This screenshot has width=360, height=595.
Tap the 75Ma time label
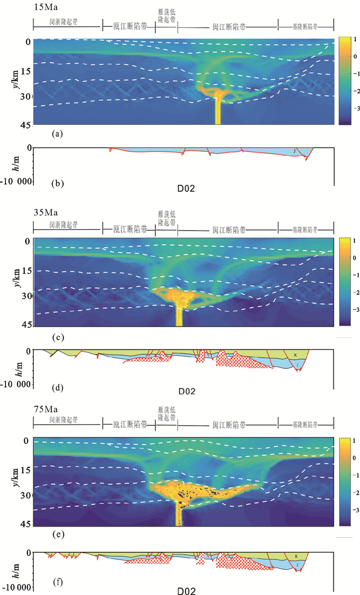(x=44, y=410)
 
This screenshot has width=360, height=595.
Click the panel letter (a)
(x=58, y=134)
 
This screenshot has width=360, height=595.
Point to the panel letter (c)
(x=58, y=337)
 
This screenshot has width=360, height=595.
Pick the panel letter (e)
(x=58, y=535)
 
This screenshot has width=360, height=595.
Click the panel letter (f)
(x=58, y=583)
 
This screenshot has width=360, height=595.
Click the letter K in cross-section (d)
(x=295, y=355)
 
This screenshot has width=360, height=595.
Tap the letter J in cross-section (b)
(x=294, y=151)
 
